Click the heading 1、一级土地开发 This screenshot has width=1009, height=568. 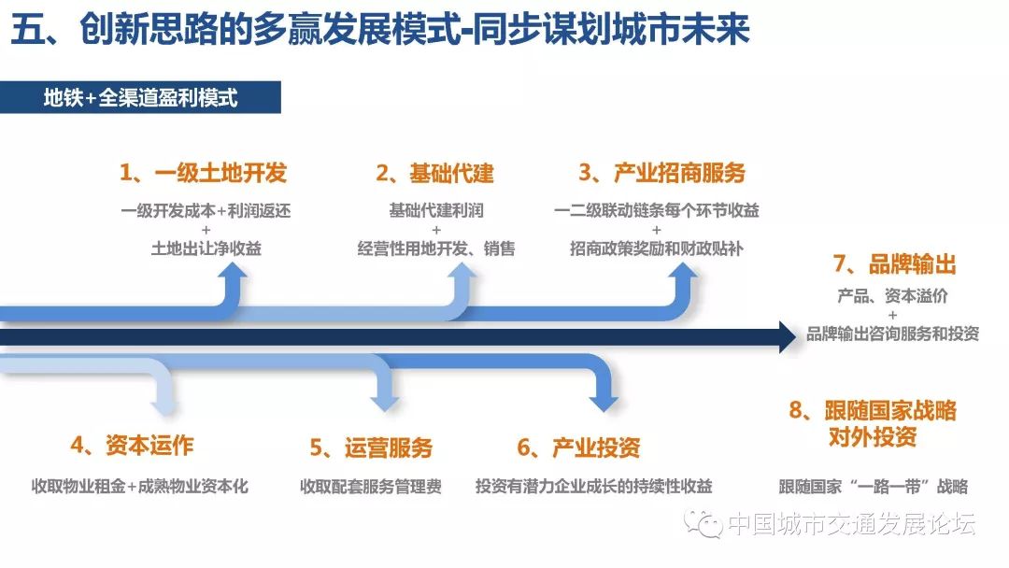(204, 173)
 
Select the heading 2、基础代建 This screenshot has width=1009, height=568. (435, 173)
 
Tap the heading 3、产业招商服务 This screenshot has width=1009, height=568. (661, 173)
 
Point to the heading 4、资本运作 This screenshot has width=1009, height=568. (132, 445)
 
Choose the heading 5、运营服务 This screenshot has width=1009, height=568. (371, 447)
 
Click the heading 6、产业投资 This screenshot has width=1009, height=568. (578, 447)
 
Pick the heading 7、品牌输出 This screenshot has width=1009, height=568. (894, 263)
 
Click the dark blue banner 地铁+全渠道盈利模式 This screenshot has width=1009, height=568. (140, 98)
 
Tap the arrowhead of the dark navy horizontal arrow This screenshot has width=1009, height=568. (788, 337)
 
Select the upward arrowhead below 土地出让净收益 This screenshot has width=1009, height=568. (232, 271)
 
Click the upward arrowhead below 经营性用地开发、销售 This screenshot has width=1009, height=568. (461, 271)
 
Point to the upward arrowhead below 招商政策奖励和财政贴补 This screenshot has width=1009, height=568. (681, 271)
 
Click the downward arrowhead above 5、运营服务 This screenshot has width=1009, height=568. (386, 404)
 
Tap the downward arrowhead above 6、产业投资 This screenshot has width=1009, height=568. (604, 404)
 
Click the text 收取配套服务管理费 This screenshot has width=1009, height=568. (371, 487)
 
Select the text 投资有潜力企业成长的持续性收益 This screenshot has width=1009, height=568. (594, 487)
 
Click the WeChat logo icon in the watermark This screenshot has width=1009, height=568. (703, 524)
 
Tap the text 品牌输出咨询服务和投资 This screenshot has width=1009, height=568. (892, 334)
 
